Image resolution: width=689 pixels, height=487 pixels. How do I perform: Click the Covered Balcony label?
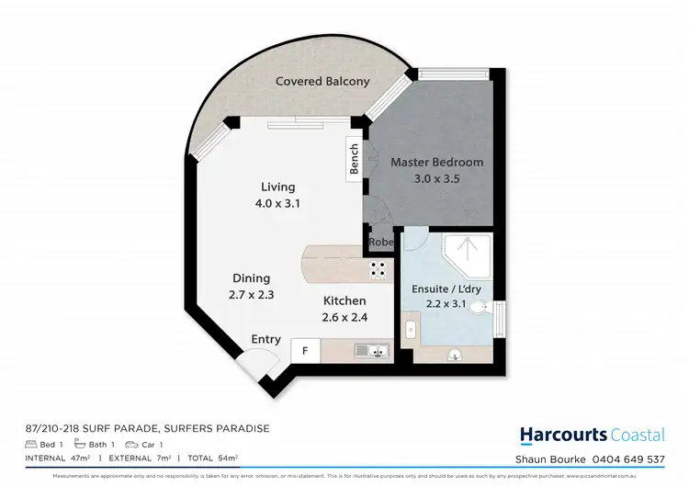[x=322, y=82]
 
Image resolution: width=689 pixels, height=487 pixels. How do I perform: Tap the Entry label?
[x=265, y=340]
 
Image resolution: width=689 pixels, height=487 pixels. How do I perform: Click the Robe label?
[x=381, y=243]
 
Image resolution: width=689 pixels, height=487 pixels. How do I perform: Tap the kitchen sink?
[x=376, y=349]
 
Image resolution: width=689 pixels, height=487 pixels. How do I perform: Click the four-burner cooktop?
[x=377, y=269]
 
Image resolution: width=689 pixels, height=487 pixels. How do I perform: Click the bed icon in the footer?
[x=31, y=444]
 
